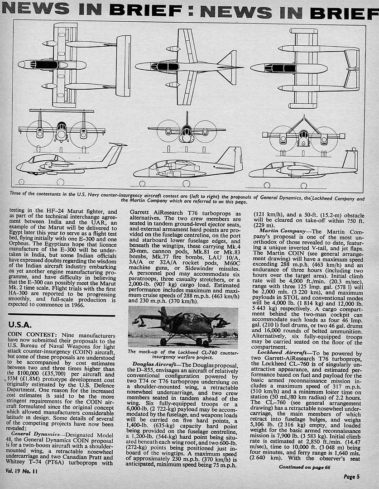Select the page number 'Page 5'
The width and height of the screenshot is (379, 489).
pyautogui.click(x=352, y=476)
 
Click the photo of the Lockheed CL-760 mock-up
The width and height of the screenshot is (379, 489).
pyautogui.click(x=182, y=327)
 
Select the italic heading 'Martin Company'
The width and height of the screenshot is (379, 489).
pyautogui.click(x=283, y=231)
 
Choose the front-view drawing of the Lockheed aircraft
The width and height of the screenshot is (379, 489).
pyautogui.click(x=187, y=130)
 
